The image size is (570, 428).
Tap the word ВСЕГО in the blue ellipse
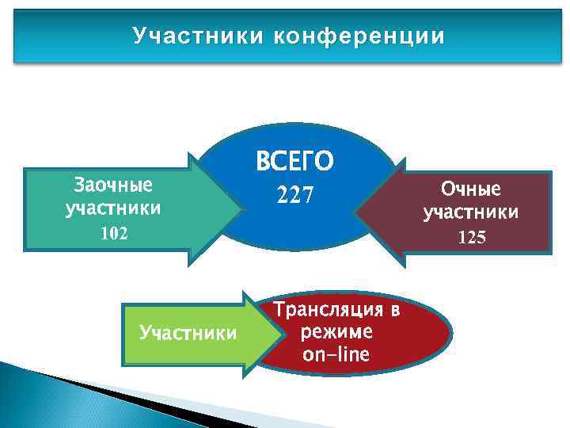pos(294,162)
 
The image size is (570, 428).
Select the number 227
pos(294,194)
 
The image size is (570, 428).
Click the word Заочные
pos(112,185)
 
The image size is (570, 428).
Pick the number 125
pos(471,237)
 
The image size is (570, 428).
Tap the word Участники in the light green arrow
pos(188,331)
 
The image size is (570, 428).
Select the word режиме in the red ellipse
pos(336,331)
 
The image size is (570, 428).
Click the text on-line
pos(336,353)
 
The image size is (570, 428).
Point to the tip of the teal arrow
pos(243,209)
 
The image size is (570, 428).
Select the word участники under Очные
pos(471,212)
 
